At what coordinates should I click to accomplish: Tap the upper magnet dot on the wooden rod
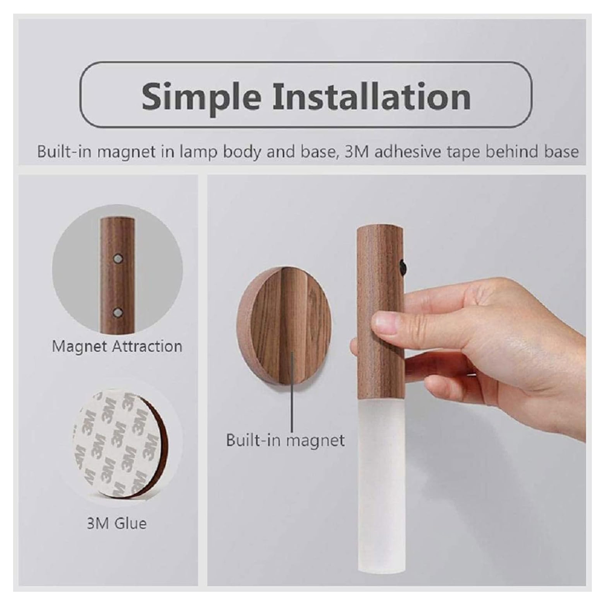pos(118,258)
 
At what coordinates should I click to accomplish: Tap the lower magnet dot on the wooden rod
pos(118,312)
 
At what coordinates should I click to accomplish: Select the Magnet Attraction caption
pos(117,347)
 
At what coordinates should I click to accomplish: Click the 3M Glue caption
pos(116,523)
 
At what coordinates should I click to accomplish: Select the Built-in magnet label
pos(285,440)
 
